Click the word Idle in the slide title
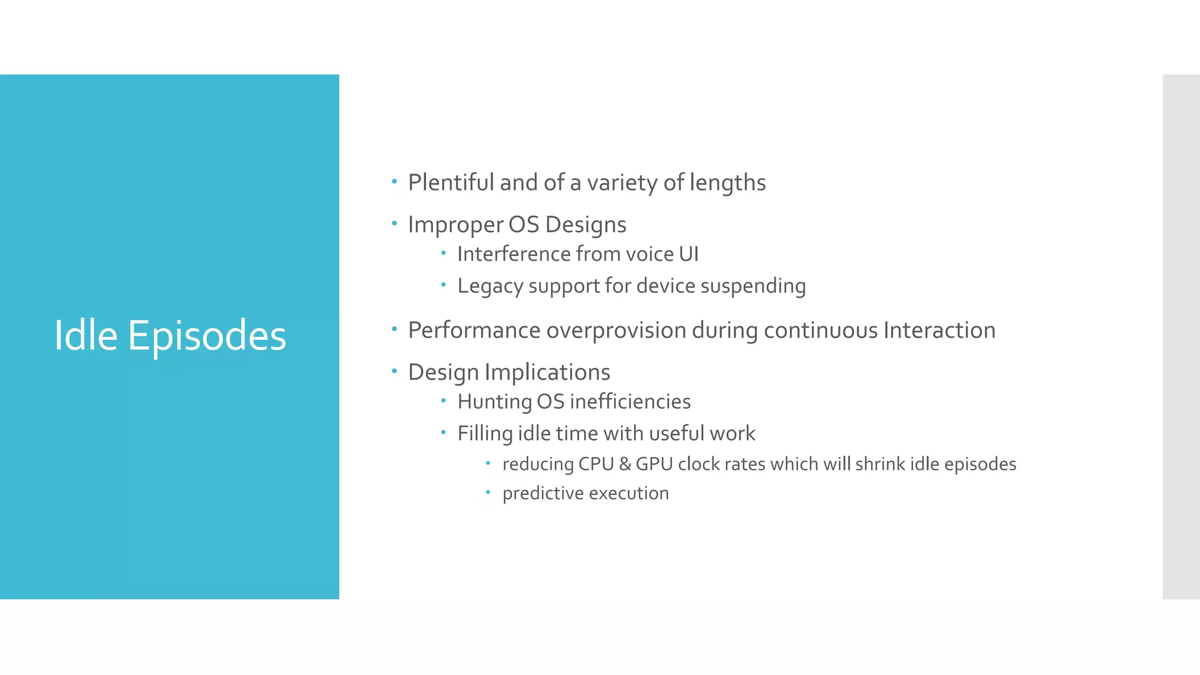click(86, 336)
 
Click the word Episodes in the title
click(207, 337)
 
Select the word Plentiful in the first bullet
click(451, 183)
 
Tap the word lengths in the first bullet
click(727, 183)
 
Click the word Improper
click(455, 225)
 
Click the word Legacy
click(490, 287)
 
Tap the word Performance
click(474, 330)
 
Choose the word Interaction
click(939, 330)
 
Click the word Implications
click(547, 373)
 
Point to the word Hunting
click(494, 402)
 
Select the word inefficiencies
click(630, 402)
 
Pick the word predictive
click(543, 493)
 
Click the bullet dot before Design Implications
click(394, 371)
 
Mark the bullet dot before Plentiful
click(394, 181)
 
